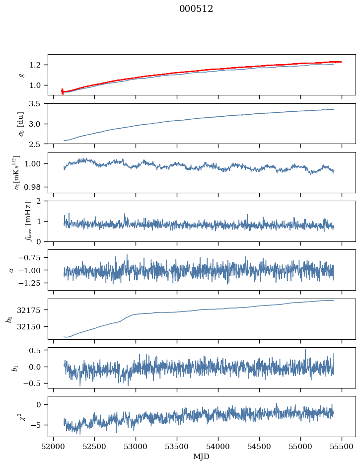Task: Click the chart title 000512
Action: click(196, 9)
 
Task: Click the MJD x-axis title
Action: click(202, 456)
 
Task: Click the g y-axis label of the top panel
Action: click(21, 75)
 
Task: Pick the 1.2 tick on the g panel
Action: click(38, 65)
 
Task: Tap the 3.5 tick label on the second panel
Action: click(38, 104)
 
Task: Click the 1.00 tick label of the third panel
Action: click(36, 163)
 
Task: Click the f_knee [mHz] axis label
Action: click(28, 221)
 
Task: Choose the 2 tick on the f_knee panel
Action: click(41, 201)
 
